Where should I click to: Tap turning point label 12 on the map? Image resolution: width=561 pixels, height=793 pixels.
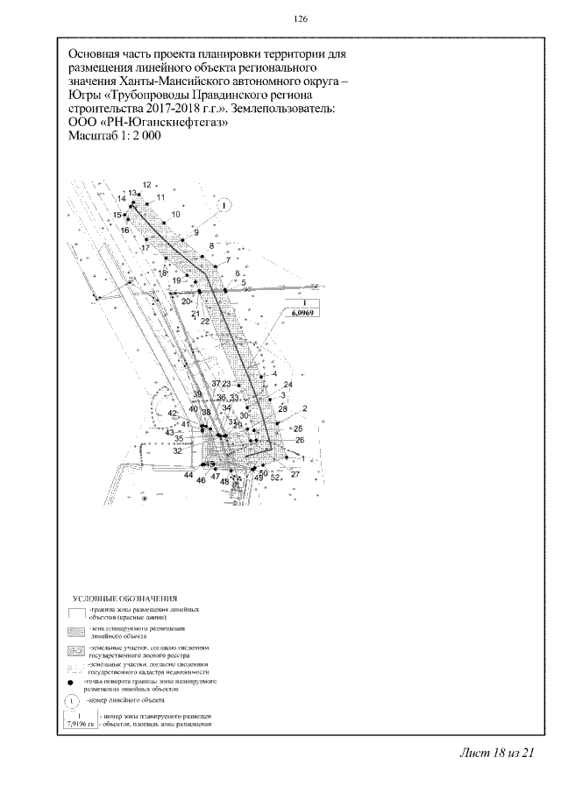(146, 184)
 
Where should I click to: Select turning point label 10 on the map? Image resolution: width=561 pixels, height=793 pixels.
(175, 215)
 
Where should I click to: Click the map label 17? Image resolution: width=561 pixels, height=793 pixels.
(145, 248)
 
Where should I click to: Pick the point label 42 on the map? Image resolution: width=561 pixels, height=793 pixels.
(172, 413)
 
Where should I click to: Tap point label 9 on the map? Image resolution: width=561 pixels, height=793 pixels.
(196, 232)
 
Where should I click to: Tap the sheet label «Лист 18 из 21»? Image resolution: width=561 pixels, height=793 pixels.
(495, 754)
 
